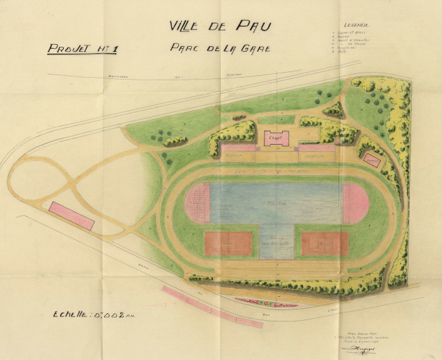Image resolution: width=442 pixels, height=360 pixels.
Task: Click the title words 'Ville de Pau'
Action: (x=220, y=26)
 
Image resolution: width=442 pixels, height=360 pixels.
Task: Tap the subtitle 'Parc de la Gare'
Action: (x=220, y=48)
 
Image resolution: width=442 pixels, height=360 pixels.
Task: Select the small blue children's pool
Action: (x=277, y=242)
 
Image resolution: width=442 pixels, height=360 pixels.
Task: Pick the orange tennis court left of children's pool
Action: (x=228, y=243)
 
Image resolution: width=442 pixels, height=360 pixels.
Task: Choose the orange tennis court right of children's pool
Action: (x=325, y=243)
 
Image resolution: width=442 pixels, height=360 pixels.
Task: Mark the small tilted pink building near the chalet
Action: (x=373, y=160)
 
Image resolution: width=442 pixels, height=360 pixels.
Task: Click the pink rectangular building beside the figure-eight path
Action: (x=71, y=215)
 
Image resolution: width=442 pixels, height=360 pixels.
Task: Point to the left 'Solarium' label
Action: (x=238, y=155)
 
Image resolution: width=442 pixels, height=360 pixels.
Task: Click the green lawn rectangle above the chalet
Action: (x=277, y=119)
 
